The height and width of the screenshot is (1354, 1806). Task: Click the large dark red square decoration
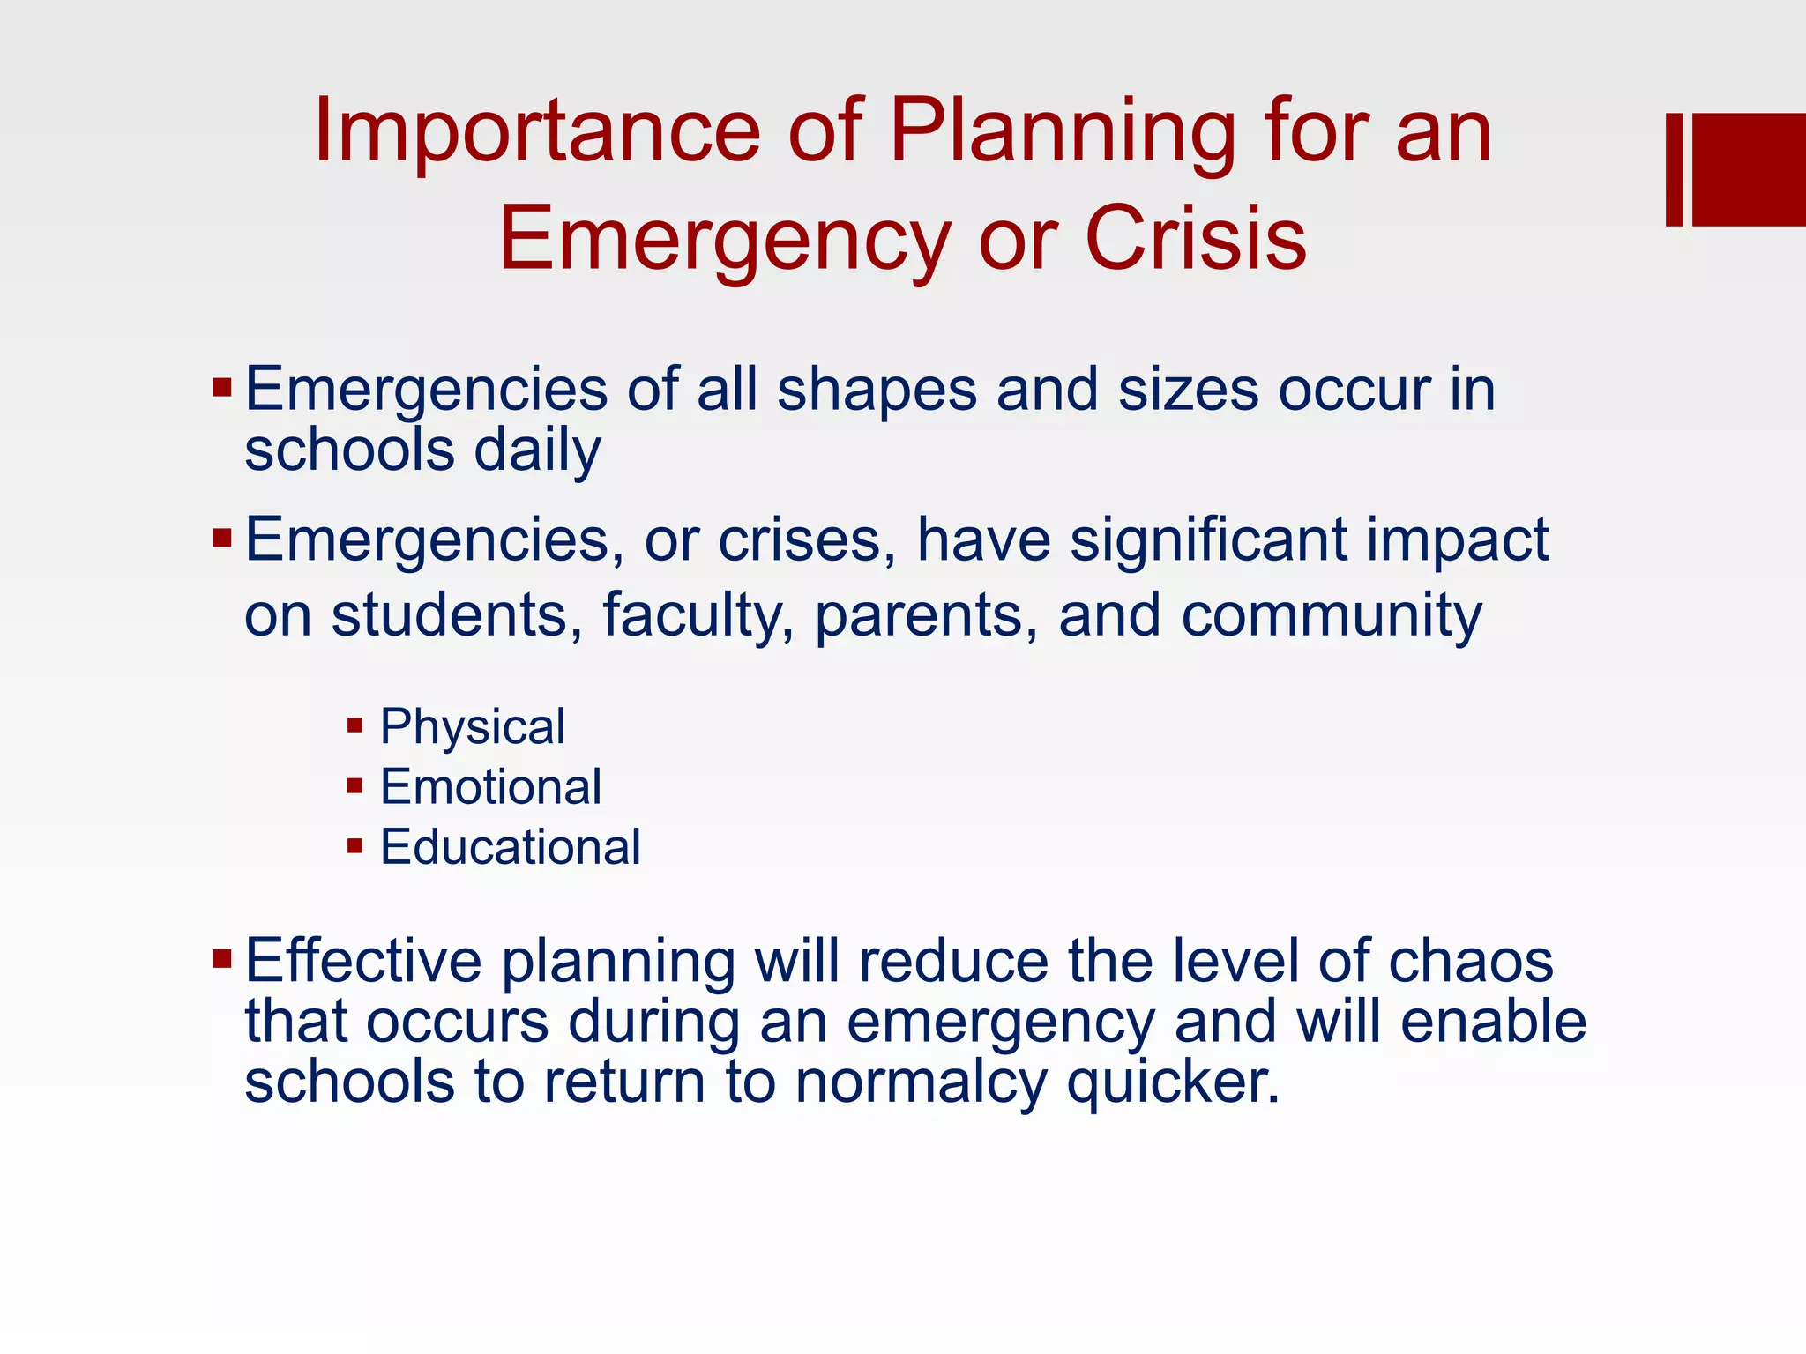pos(1749,169)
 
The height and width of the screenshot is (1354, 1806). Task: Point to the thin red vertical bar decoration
pos(1674,169)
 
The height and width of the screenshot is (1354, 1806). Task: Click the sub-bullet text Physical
pos(473,727)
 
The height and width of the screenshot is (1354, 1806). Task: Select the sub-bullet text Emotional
pos(490,787)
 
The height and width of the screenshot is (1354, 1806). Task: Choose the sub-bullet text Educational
pos(510,847)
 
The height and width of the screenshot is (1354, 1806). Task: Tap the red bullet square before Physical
pos(355,726)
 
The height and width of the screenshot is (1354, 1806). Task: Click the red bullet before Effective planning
pos(221,957)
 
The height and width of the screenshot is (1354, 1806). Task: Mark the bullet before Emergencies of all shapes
pos(221,387)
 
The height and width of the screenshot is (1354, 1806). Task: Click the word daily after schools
pos(537,450)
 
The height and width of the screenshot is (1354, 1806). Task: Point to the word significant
pos(1208,539)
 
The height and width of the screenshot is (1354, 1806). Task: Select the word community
pos(1332,615)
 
